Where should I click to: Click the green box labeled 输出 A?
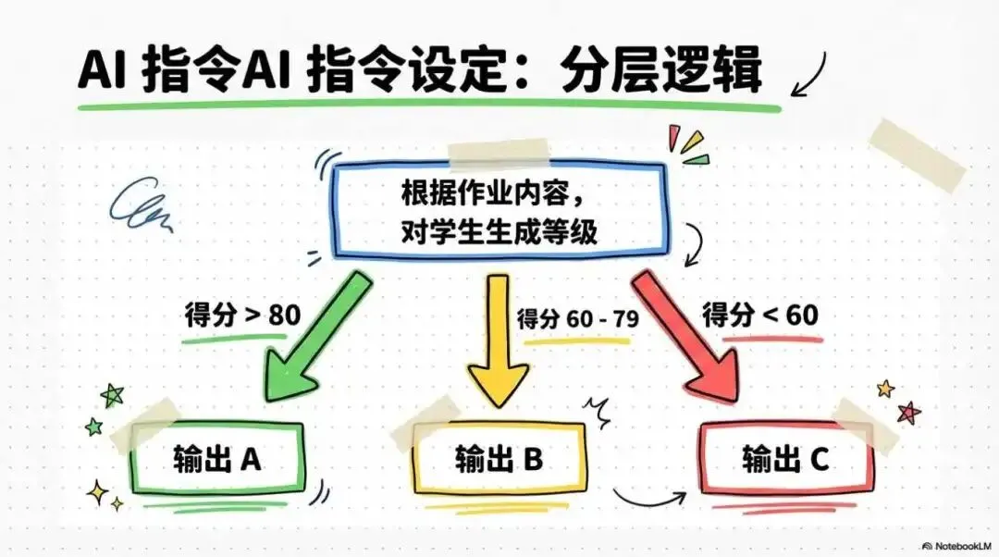[x=216, y=460]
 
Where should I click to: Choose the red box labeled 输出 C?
[x=786, y=457]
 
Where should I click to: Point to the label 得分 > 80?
[x=241, y=315]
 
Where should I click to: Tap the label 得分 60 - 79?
[x=576, y=320]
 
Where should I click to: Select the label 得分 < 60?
[x=760, y=315]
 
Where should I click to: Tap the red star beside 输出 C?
[x=909, y=412]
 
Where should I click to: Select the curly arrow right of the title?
[x=804, y=73]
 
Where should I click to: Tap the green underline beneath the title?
[x=425, y=107]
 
